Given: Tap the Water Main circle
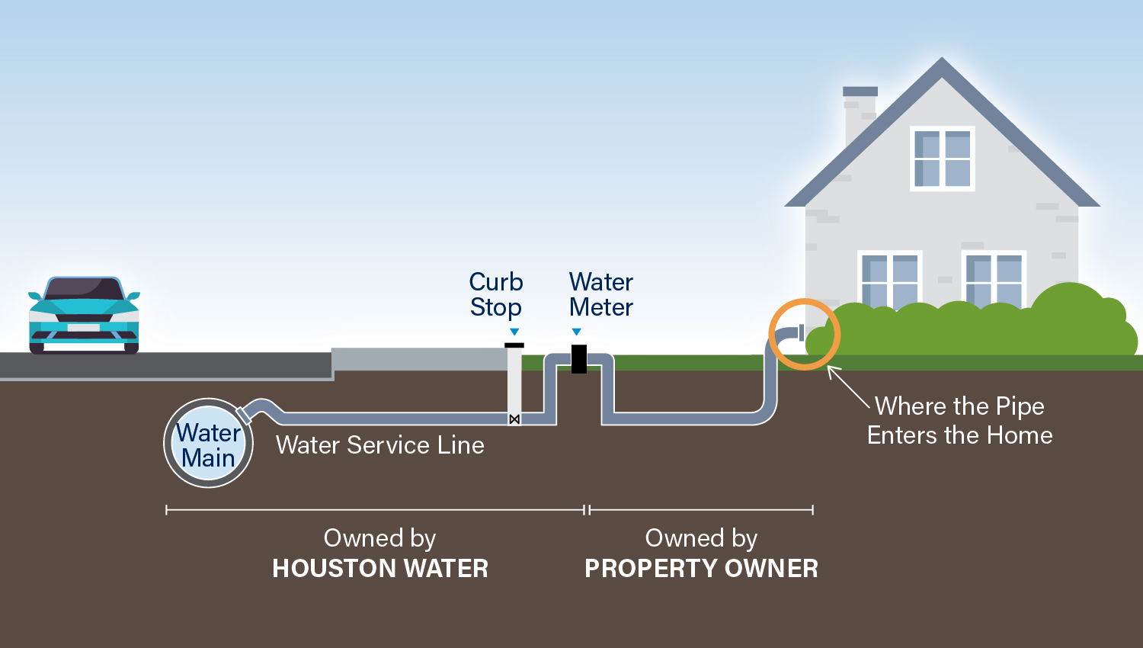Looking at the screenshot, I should click(208, 443).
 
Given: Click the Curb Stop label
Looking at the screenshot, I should click(496, 294).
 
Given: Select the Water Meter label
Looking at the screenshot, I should click(601, 294).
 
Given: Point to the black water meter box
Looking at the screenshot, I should click(579, 358).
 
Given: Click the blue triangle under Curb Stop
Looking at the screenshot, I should click(514, 332).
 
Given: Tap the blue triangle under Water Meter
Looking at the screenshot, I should click(577, 332).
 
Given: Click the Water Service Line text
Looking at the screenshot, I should click(379, 445).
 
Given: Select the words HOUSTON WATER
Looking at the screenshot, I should click(380, 569).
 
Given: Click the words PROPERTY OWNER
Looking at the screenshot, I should click(701, 569).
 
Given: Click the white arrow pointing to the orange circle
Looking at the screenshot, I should click(847, 387).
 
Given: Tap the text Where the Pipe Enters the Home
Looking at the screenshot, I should click(959, 420).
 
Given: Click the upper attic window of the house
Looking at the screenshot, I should click(943, 159).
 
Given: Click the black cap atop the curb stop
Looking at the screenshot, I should click(514, 345).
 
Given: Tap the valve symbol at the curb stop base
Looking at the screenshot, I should click(514, 419).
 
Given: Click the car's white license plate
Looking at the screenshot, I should click(84, 328).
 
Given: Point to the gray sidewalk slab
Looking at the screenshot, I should click(419, 359).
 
